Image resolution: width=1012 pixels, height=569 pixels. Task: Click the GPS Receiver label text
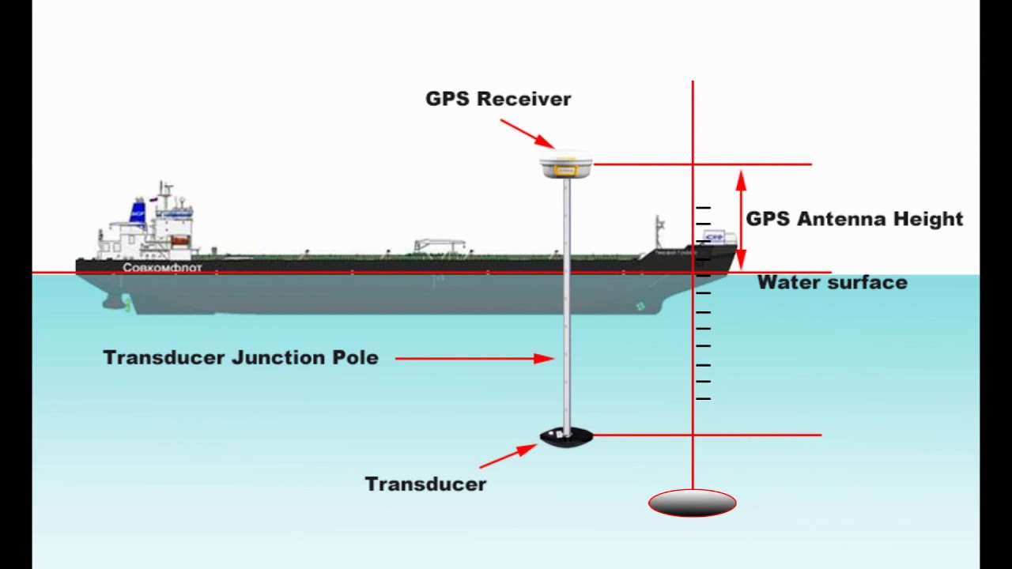pos(498,99)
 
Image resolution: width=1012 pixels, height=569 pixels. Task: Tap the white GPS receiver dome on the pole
pos(565,164)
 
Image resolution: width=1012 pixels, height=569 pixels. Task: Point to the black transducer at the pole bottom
pos(566,437)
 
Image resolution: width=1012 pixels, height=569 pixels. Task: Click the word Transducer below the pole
pos(425,484)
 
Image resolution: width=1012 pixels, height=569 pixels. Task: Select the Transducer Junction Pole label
pos(240,357)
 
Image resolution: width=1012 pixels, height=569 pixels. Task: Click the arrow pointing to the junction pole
pos(474,358)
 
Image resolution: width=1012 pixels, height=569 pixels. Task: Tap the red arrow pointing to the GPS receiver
pos(527,133)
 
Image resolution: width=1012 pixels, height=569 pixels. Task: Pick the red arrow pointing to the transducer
pos(508,456)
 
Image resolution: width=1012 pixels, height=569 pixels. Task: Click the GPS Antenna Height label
pos(854,219)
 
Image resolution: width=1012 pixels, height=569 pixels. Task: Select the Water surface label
pos(832,282)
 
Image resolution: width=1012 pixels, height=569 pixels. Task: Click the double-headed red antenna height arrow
pos(741,219)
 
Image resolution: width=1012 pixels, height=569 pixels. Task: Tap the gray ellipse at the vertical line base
pos(692,503)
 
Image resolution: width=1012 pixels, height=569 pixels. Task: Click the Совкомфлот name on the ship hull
pos(162,268)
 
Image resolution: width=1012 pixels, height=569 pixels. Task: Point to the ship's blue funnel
pos(138,213)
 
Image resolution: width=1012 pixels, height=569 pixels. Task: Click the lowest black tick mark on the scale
pos(703,399)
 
